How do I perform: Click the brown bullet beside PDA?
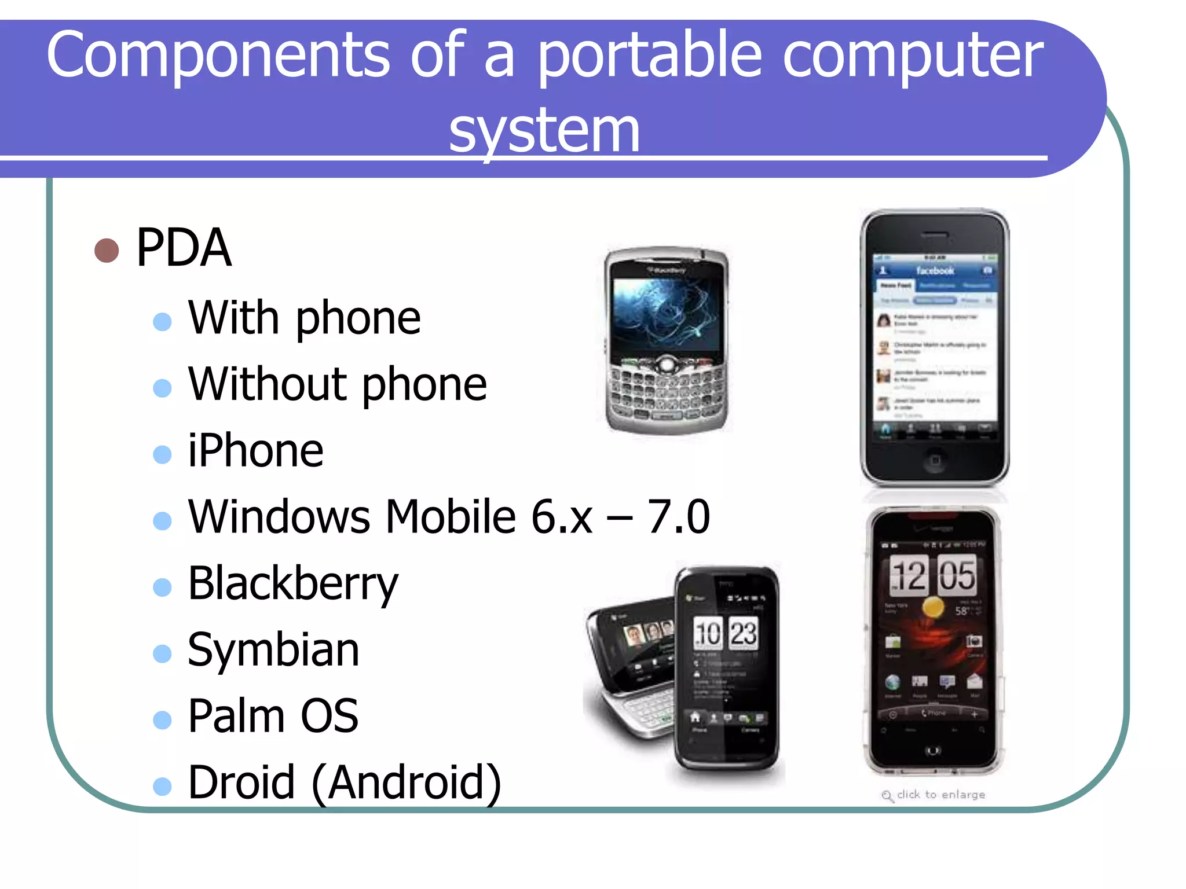tap(107, 250)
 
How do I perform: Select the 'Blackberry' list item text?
tap(293, 583)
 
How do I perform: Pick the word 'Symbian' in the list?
tap(273, 649)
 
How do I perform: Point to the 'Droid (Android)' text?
tap(345, 783)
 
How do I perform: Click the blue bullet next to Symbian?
tap(162, 653)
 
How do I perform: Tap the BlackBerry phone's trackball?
tap(667, 364)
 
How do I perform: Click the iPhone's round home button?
tap(935, 461)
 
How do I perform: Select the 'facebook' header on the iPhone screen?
tap(935, 270)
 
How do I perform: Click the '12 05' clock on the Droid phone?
tap(932, 575)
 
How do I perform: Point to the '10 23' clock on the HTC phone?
tap(726, 633)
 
